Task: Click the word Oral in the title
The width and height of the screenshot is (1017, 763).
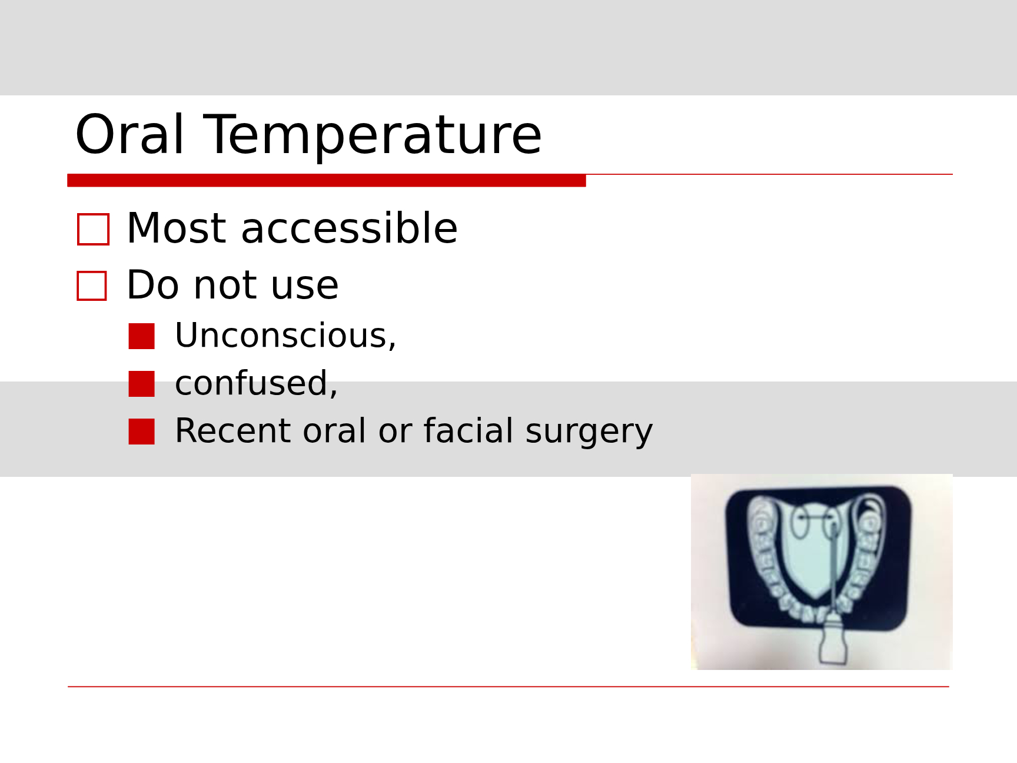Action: point(130,135)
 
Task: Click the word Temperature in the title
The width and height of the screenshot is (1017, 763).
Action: point(372,136)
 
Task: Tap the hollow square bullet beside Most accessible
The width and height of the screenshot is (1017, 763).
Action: point(94,229)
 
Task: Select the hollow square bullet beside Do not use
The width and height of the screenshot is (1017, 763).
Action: point(92,286)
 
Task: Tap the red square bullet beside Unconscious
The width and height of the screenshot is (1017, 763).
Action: point(142,336)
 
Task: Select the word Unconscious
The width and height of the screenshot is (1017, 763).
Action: point(285,336)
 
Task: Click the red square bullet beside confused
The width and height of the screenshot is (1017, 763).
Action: point(142,384)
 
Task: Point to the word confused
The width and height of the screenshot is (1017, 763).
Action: point(256,383)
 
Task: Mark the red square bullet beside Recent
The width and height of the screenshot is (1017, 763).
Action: point(142,432)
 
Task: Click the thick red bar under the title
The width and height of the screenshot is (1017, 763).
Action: point(327,180)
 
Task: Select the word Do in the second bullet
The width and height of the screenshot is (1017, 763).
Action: point(152,286)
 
